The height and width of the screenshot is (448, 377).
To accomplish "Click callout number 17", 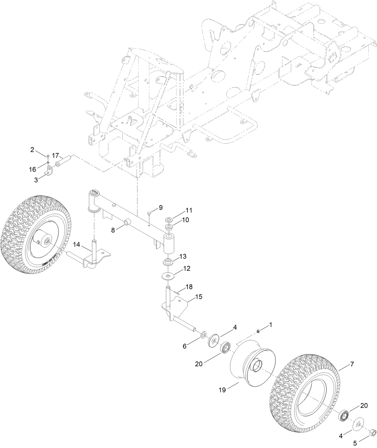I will [x=55, y=156].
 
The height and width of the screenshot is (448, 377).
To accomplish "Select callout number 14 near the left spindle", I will [x=76, y=245].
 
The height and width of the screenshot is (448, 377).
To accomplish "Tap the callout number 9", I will [x=161, y=207].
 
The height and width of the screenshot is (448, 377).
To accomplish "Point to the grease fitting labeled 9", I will [x=149, y=213].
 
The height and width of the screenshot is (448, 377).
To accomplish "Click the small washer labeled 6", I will [x=203, y=334].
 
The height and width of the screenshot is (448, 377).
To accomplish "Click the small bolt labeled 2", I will [x=48, y=156].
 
